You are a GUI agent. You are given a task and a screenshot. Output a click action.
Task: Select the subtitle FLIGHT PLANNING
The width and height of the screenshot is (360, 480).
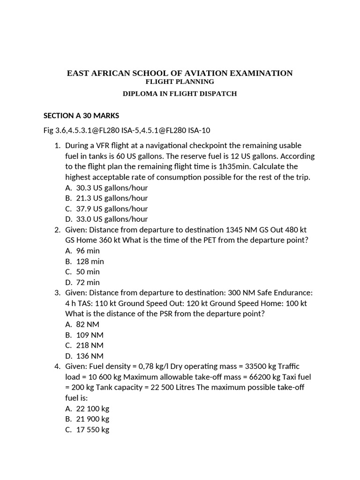pos(180,82)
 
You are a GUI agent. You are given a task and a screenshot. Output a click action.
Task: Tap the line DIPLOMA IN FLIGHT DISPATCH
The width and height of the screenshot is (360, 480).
pos(180,93)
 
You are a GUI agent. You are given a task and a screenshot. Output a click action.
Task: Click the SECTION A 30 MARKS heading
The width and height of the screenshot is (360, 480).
pos(81,115)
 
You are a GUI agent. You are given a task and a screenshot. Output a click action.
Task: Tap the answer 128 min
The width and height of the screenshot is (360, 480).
pos(90,261)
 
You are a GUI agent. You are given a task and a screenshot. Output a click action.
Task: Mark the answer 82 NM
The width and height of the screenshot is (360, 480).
pos(87,324)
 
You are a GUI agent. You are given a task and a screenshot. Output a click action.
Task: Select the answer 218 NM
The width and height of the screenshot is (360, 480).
pos(90,345)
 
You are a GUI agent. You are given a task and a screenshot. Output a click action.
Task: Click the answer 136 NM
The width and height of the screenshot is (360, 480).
pos(90,356)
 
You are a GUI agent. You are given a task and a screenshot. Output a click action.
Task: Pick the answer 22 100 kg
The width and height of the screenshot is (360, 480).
pos(92,408)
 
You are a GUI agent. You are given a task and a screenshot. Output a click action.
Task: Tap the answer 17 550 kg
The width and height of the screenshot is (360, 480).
pos(92,429)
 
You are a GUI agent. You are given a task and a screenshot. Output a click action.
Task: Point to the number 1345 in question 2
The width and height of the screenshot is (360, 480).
pos(235,230)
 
